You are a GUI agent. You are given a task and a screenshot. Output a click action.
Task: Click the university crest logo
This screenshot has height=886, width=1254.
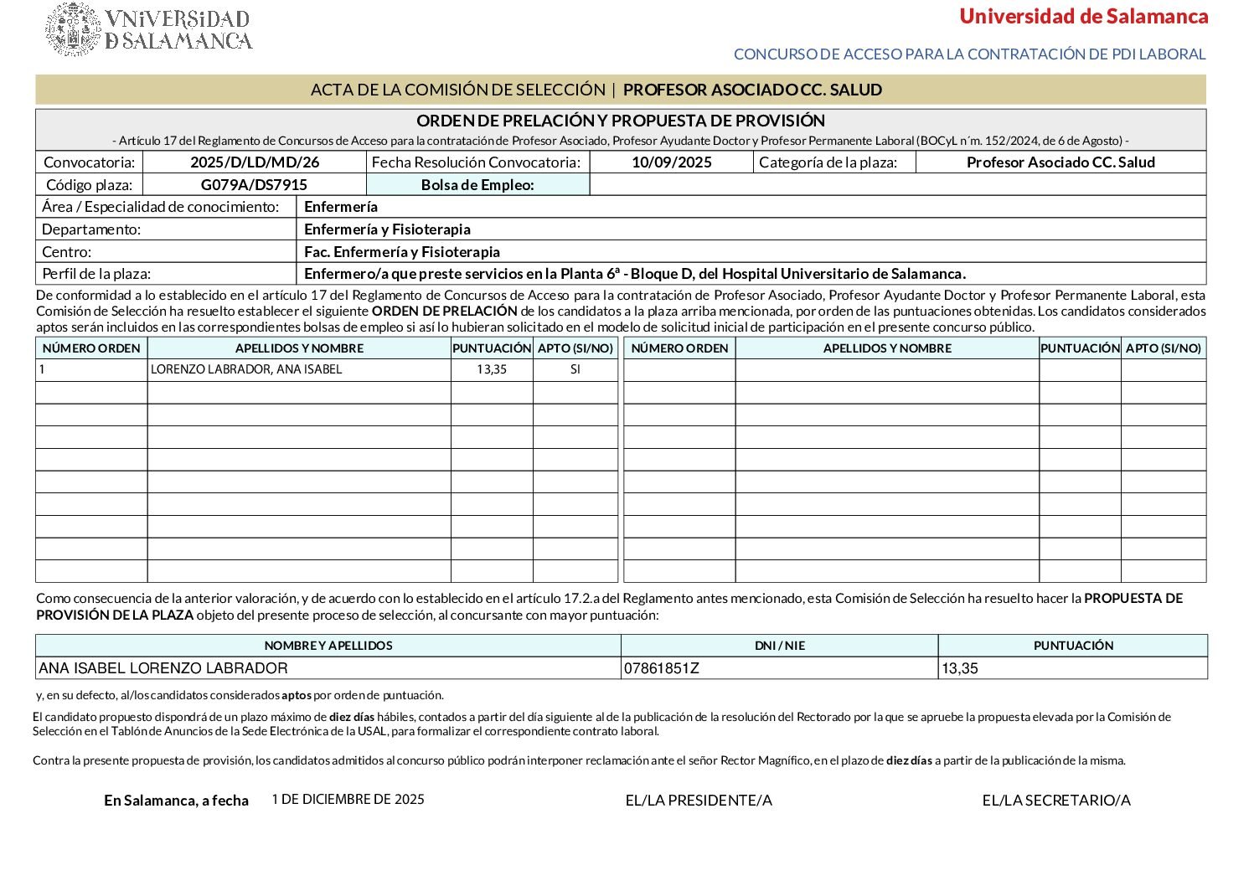[74, 29]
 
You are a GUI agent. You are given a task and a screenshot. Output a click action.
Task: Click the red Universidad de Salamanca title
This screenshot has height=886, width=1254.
[1083, 17]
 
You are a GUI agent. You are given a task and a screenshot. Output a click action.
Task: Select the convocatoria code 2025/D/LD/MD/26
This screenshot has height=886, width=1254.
[255, 162]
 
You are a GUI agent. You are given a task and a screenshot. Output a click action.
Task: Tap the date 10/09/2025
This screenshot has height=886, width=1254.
[671, 162]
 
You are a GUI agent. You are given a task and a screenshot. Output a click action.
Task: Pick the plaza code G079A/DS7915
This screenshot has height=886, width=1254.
[254, 185]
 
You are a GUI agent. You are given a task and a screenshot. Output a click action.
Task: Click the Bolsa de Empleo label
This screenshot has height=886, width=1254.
[477, 185]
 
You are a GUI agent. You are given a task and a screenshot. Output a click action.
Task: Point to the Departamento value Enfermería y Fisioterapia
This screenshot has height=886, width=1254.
[387, 229]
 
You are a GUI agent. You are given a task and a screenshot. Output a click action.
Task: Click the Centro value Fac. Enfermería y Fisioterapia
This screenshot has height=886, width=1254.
[402, 252]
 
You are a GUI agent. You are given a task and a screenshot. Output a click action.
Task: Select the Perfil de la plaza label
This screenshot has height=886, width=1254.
[96, 274]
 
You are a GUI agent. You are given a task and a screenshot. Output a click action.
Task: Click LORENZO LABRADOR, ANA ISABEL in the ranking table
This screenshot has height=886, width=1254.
[246, 369]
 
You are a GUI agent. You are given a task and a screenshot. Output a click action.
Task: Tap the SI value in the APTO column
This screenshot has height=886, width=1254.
[575, 369]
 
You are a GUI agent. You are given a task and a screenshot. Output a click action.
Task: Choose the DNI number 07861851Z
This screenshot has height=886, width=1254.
[662, 668]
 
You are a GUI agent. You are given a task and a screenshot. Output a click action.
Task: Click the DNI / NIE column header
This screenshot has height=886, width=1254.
[779, 646]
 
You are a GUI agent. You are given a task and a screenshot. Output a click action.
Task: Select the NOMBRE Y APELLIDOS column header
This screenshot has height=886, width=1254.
[328, 646]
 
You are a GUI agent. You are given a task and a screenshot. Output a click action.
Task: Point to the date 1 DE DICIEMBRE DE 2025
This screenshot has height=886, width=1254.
[348, 800]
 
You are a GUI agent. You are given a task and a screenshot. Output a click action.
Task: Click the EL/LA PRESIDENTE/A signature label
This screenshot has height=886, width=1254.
[699, 801]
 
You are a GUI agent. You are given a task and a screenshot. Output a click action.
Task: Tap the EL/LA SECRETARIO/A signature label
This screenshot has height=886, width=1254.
[1056, 801]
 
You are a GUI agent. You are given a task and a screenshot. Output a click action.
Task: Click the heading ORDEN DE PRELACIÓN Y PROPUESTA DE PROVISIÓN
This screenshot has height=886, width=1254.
[621, 121]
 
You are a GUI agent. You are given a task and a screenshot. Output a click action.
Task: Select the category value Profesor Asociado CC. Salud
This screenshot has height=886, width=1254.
[1060, 162]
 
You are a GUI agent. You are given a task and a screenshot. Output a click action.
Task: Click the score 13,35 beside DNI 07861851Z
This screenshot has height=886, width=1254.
[960, 668]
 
